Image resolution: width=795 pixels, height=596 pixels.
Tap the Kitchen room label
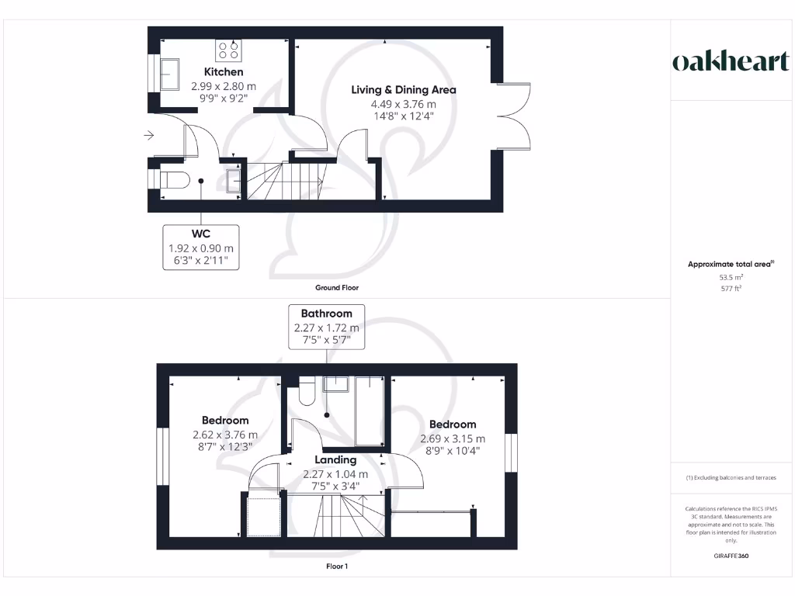click(x=224, y=72)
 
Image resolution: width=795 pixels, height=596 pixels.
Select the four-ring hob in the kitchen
click(x=228, y=50)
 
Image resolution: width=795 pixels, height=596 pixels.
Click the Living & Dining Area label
click(x=404, y=90)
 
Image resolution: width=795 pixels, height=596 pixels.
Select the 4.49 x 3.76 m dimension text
click(x=404, y=104)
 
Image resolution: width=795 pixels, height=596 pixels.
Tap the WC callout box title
click(x=201, y=234)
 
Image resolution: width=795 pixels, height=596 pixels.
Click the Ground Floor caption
click(x=337, y=288)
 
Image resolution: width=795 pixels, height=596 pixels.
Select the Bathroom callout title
click(x=326, y=314)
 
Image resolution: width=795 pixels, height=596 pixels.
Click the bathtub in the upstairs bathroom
click(x=370, y=410)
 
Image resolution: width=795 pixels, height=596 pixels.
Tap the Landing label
click(x=335, y=460)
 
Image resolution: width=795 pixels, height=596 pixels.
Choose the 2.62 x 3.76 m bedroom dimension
click(x=225, y=435)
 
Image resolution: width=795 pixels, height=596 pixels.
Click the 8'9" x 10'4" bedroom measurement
click(x=453, y=451)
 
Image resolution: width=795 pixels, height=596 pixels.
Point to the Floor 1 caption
click(x=337, y=567)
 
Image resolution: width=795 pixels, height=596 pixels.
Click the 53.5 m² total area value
click(x=731, y=276)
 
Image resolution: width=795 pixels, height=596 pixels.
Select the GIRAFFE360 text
click(x=731, y=556)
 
